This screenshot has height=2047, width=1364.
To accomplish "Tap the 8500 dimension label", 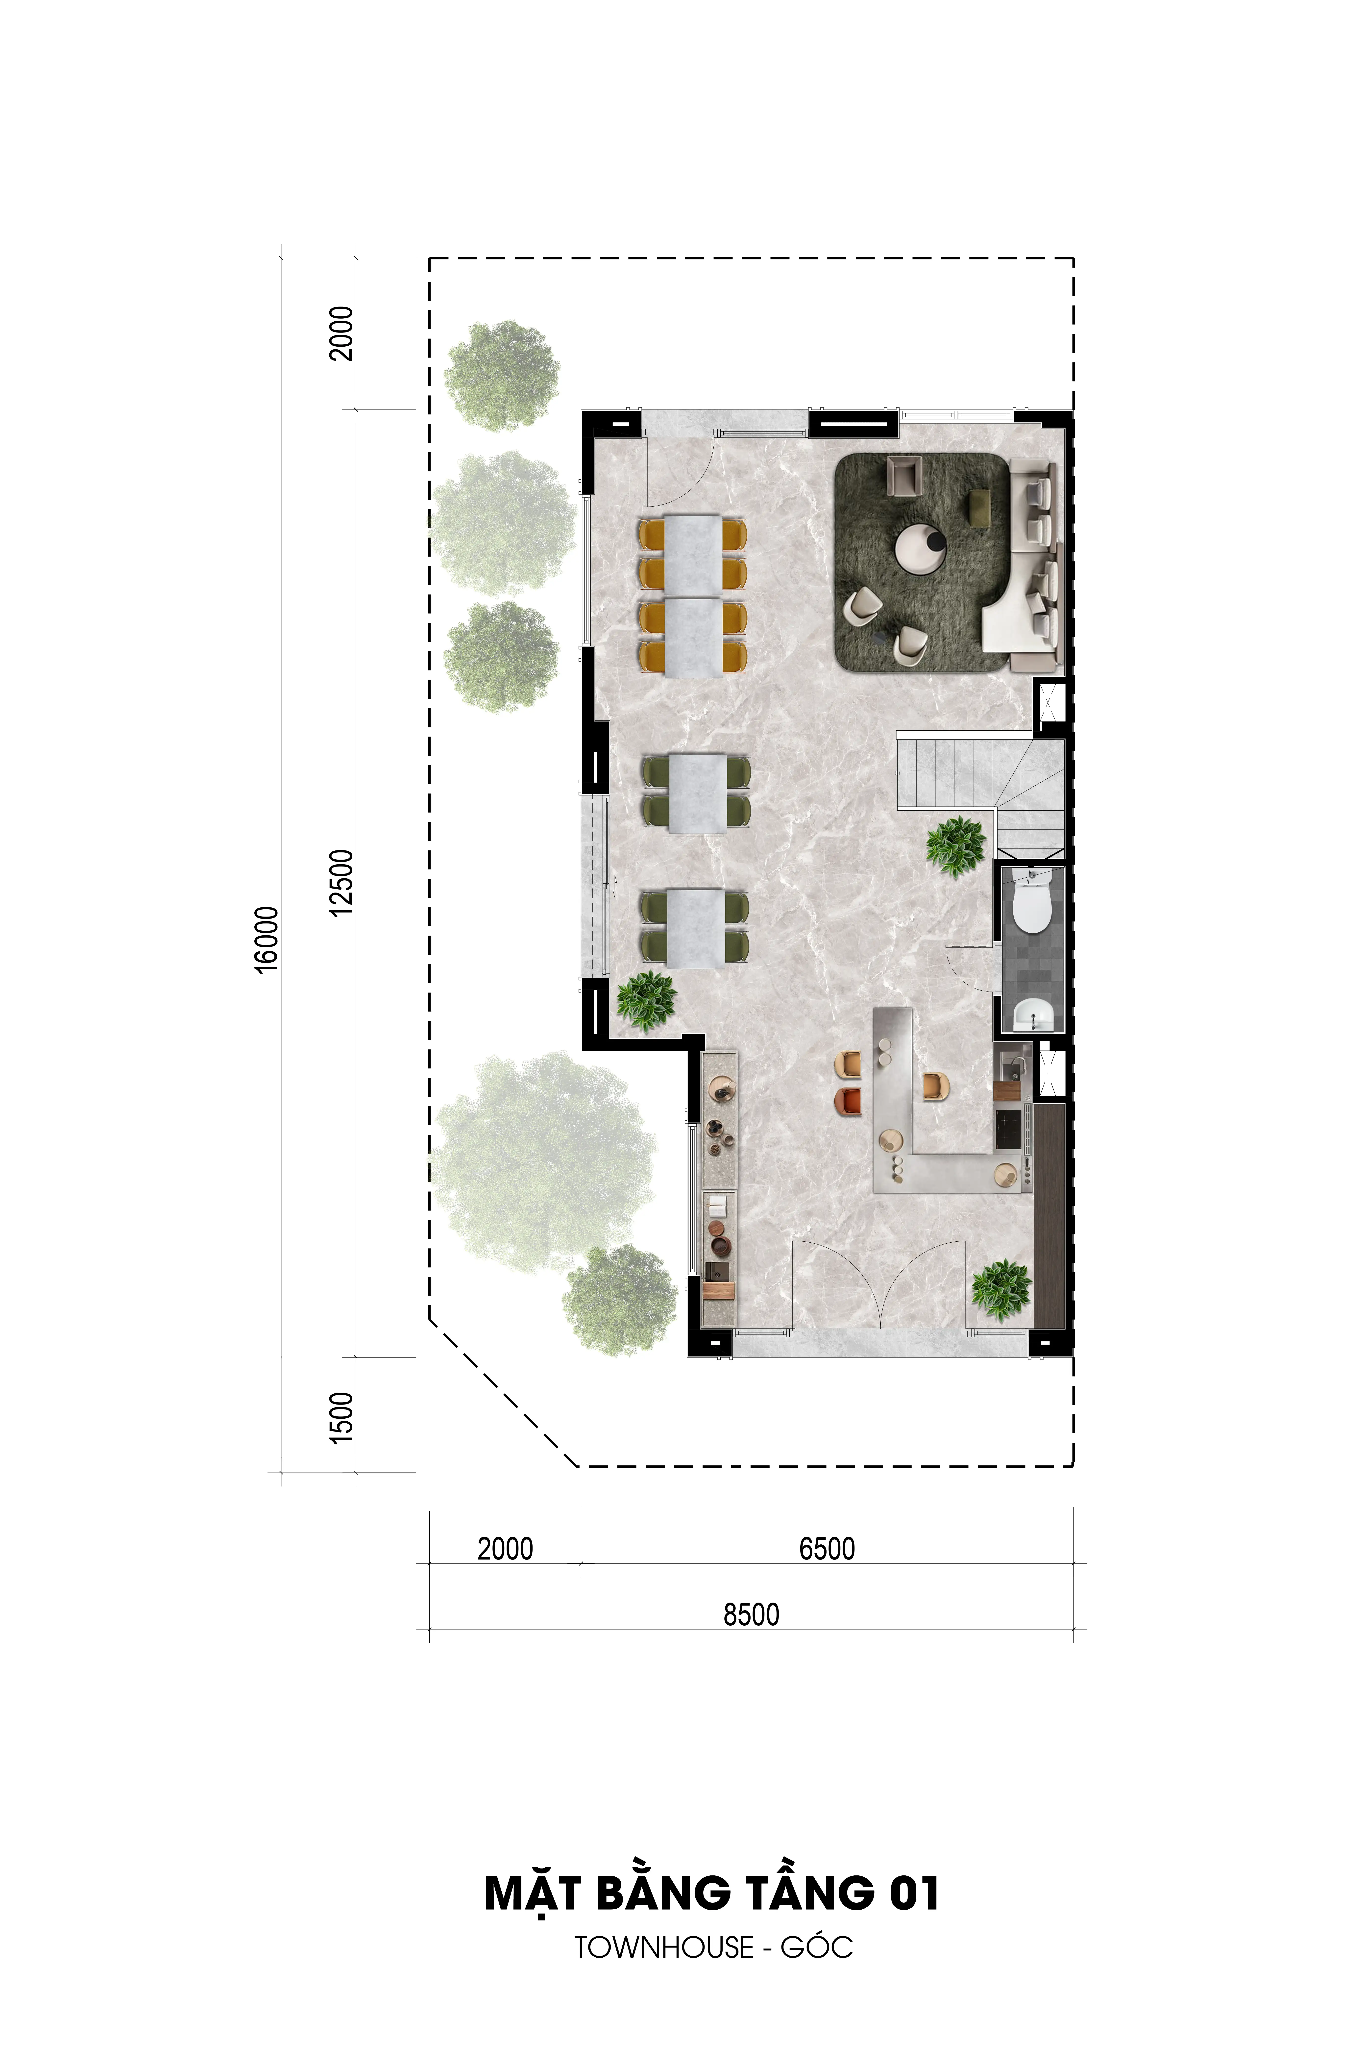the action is click(x=752, y=1614).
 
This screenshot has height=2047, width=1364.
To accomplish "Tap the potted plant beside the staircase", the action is click(x=956, y=846).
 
